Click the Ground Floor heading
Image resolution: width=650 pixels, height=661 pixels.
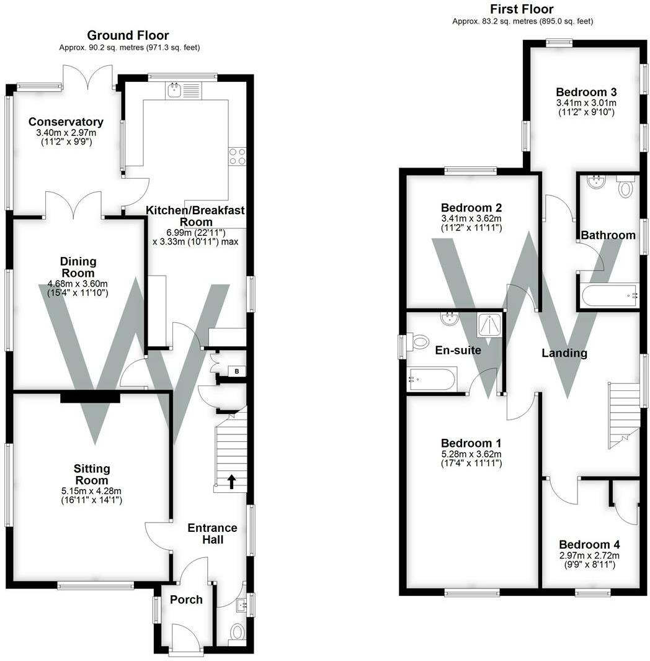point(128,35)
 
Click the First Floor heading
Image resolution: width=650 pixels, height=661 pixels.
point(522,9)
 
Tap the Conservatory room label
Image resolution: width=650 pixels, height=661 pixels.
point(66,122)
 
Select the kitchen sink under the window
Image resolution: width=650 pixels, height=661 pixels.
point(173,91)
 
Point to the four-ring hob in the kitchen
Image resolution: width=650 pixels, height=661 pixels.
point(237,156)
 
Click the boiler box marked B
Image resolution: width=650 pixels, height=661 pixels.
point(236,371)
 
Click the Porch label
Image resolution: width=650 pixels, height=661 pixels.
point(186,600)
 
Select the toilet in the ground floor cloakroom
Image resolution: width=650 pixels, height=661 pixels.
point(237,632)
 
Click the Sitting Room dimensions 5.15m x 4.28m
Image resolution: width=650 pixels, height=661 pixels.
point(91,491)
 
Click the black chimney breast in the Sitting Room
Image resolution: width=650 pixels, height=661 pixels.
point(90,398)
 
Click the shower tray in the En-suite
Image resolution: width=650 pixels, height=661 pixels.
point(489,322)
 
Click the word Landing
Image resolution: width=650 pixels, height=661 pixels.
point(564,353)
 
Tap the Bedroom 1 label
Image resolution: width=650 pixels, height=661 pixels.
point(471,443)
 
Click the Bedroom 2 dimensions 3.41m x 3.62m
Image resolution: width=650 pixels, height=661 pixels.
point(471,218)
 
